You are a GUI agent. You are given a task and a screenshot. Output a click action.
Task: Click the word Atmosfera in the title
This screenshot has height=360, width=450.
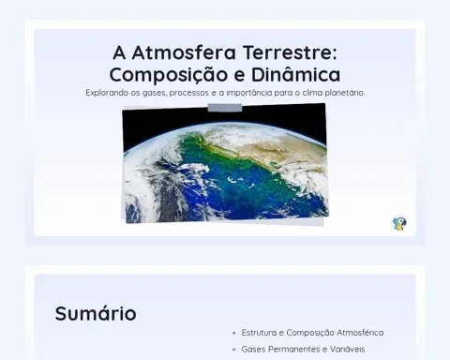(184, 52)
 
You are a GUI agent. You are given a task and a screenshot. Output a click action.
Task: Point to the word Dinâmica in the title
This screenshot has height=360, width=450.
(295, 74)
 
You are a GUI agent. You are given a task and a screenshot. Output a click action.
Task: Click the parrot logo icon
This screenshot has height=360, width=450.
(399, 223)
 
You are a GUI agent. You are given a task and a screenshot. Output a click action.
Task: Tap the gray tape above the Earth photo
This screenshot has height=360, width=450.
(225, 108)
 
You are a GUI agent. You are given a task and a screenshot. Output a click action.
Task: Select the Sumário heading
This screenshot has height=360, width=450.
(96, 313)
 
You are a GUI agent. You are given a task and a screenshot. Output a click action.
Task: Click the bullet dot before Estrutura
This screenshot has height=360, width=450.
(234, 333)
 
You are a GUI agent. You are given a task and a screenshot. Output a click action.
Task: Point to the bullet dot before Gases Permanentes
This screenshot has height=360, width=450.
(234, 350)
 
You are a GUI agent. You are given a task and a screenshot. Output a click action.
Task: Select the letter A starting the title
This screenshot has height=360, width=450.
(119, 52)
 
